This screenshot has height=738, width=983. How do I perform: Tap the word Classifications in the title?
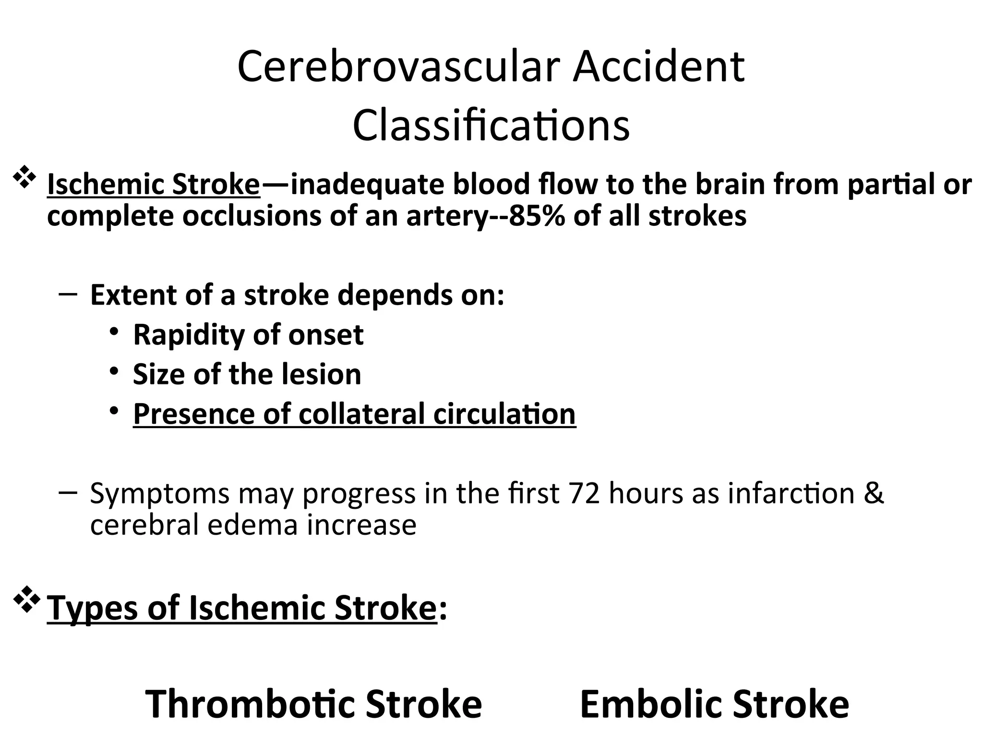tap(491, 125)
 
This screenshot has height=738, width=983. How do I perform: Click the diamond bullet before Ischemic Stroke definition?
tap(24, 177)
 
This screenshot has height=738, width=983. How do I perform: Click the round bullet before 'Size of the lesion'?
tap(114, 371)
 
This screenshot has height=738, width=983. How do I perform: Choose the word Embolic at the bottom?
tap(651, 704)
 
